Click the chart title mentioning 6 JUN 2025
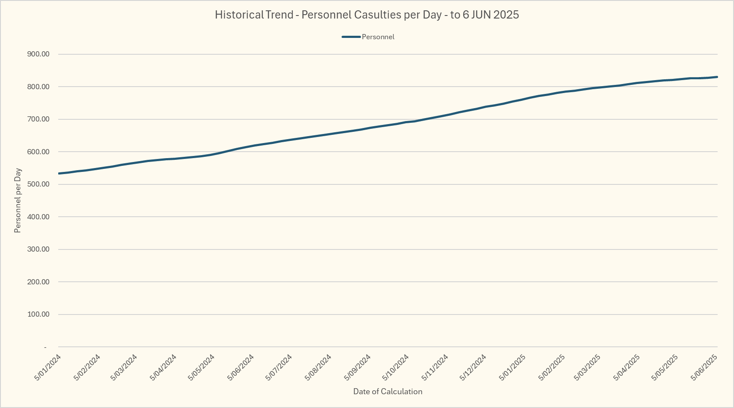[x=367, y=15]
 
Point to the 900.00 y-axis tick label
[x=38, y=54]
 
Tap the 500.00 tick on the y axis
[x=38, y=184]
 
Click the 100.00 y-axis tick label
[x=38, y=315]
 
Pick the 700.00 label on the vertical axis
[x=38, y=119]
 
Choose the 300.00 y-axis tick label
[x=38, y=249]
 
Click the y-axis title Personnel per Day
[x=18, y=200]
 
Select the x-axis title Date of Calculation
[x=388, y=392]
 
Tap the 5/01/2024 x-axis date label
[x=48, y=368]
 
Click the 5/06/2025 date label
[x=704, y=368]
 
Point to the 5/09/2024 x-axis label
[x=357, y=368]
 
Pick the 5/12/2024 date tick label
[x=473, y=368]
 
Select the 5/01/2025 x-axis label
[x=512, y=368]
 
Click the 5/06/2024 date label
[x=241, y=368]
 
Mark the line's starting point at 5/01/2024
[x=59, y=174]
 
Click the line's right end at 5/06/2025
[x=717, y=77]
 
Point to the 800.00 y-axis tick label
[x=38, y=87]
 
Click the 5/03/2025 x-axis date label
[x=587, y=368]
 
